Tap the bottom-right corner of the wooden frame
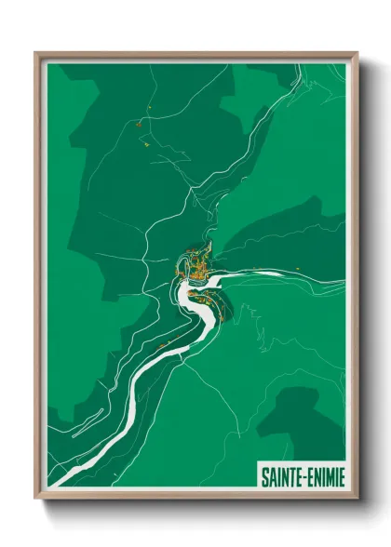point(357,500)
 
